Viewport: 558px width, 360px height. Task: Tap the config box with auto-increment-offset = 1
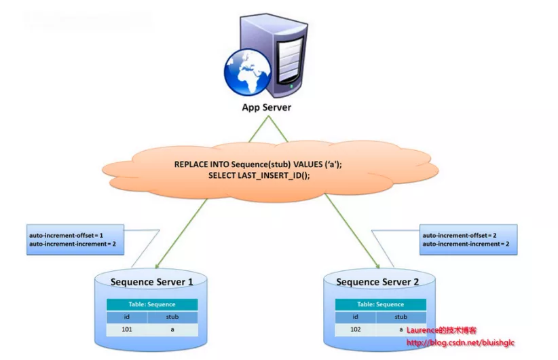pos(75,238)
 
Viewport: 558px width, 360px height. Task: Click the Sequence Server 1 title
pos(151,281)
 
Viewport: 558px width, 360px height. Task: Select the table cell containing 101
pos(130,329)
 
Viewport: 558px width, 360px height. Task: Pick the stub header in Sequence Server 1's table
pos(174,317)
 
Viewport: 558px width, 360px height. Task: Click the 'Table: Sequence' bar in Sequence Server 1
pos(152,304)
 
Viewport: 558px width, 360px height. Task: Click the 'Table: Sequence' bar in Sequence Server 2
pos(379,304)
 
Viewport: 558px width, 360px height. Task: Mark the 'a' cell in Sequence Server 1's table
pos(174,329)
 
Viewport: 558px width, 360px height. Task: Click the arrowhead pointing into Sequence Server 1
pos(156,267)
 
